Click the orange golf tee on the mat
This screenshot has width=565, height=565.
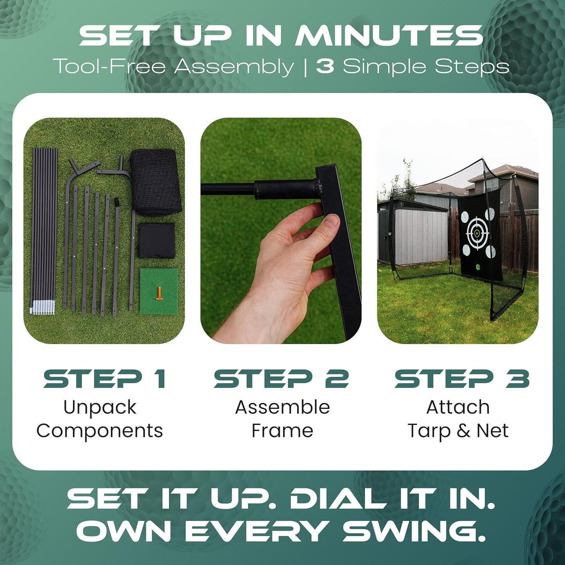[x=159, y=293]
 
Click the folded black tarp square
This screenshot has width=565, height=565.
[x=156, y=240]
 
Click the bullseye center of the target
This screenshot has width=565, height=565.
[x=477, y=233]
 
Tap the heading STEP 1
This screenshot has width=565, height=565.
[x=105, y=379]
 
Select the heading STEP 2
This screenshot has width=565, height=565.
[x=282, y=379]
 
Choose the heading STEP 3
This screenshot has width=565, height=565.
[x=462, y=379]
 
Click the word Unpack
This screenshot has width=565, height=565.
[x=100, y=407]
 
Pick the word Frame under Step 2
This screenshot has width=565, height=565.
[x=282, y=430]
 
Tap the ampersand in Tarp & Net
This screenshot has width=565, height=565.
[x=463, y=431]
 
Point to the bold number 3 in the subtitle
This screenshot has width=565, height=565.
[x=325, y=66]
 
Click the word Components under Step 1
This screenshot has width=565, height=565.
[x=100, y=431]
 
